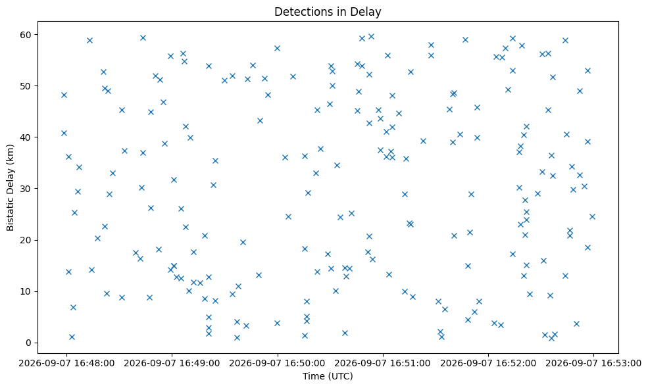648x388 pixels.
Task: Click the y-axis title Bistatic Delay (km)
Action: click(11, 187)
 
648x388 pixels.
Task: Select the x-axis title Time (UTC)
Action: click(328, 376)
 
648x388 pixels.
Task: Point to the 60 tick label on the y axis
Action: click(26, 35)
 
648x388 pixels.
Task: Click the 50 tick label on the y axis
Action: click(26, 86)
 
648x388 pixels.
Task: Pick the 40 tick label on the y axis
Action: click(26, 137)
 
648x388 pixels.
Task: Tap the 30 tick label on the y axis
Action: click(26, 189)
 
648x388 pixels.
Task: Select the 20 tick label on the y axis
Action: click(26, 240)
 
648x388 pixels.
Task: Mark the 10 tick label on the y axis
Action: click(26, 291)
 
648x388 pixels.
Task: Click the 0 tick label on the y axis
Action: click(28, 343)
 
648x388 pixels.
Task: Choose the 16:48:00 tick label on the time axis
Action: click(66, 363)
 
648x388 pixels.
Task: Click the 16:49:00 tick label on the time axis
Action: click(172, 363)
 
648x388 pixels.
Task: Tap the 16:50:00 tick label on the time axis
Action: click(278, 363)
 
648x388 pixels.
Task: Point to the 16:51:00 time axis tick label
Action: click(383, 363)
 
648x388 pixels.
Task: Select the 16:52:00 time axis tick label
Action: click(488, 363)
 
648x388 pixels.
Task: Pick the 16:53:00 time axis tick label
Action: click(593, 363)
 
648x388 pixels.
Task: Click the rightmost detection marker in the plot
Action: click(592, 216)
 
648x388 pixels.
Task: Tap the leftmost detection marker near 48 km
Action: click(64, 95)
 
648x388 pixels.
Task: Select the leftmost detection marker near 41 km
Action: click(64, 133)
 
